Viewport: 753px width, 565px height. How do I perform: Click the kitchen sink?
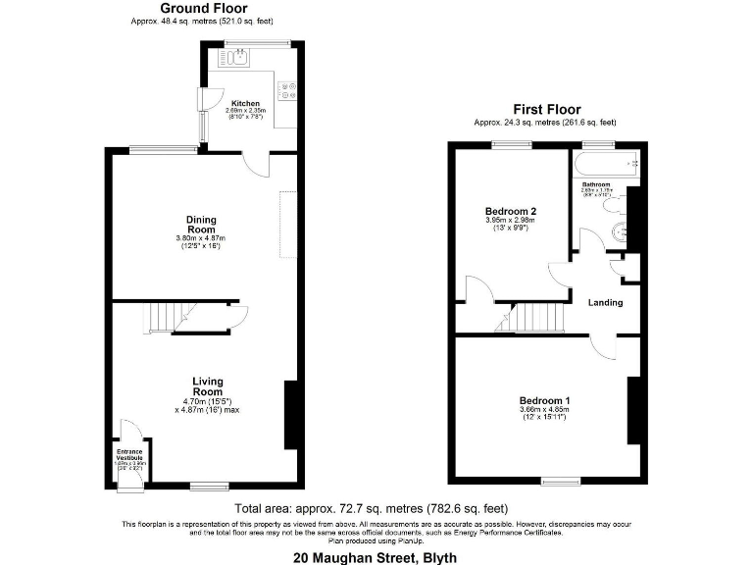coord(240,59)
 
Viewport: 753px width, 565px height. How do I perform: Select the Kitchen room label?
coord(245,103)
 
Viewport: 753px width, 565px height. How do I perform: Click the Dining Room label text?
coord(201,225)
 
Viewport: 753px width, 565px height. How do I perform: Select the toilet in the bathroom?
coord(619,233)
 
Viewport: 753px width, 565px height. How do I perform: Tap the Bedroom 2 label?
coord(510,211)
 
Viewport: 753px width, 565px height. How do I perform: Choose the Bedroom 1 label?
coord(544,400)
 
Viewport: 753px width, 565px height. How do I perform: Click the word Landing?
coord(605,302)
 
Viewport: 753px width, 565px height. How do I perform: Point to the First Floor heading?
coord(546,110)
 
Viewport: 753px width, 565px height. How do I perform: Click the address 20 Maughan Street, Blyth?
coord(376,556)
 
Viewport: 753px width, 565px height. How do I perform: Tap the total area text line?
coord(371,508)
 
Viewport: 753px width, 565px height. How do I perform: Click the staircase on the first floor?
coord(535,318)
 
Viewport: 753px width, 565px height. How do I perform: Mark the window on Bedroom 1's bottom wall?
coord(560,480)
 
